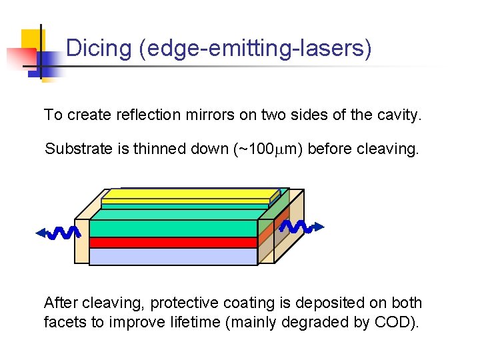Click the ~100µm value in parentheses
pyautogui.click(x=269, y=149)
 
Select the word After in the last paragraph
pyautogui.click(x=61, y=303)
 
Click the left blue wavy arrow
pyautogui.click(x=59, y=233)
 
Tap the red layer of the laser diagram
pyautogui.click(x=173, y=243)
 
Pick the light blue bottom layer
pyautogui.click(x=173, y=257)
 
